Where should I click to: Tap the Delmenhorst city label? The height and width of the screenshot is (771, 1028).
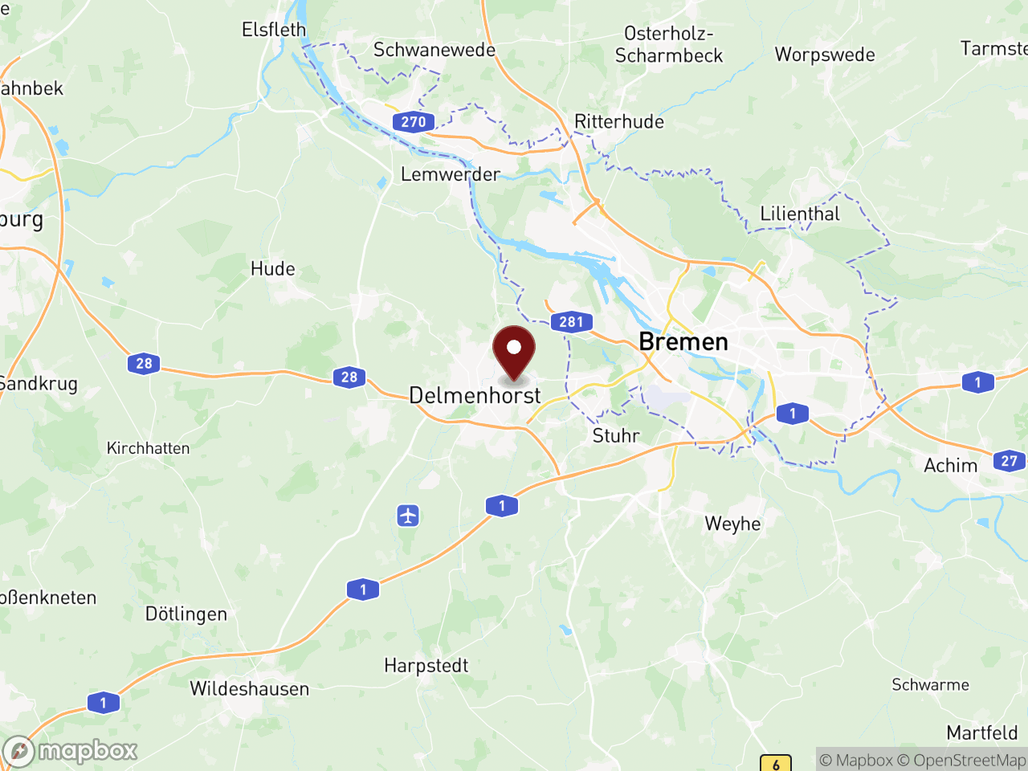[475, 395]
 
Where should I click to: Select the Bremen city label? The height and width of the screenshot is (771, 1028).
[683, 342]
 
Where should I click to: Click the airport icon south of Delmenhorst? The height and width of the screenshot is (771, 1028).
[408, 515]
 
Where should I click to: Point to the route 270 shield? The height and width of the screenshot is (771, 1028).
[414, 121]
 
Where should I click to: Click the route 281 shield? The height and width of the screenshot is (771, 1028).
[571, 322]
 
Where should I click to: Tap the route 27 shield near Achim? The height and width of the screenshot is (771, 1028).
[1010, 461]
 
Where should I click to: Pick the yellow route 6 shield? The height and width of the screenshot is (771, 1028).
[776, 764]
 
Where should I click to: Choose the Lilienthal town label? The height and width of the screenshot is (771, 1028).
[800, 214]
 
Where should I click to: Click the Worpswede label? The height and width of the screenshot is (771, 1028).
[825, 55]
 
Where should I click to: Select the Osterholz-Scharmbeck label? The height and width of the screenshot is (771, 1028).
[669, 44]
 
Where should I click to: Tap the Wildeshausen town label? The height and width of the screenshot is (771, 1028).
[249, 688]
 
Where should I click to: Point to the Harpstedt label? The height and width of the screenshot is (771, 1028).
[426, 665]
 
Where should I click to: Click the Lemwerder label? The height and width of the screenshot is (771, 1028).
[450, 174]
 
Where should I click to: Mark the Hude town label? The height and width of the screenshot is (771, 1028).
[273, 268]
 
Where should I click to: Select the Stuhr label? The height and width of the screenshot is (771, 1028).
[616, 435]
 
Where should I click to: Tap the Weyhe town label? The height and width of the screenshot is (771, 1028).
[732, 524]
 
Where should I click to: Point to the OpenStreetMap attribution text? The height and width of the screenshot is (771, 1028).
[961, 760]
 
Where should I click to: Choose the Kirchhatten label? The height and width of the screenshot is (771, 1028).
[149, 448]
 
